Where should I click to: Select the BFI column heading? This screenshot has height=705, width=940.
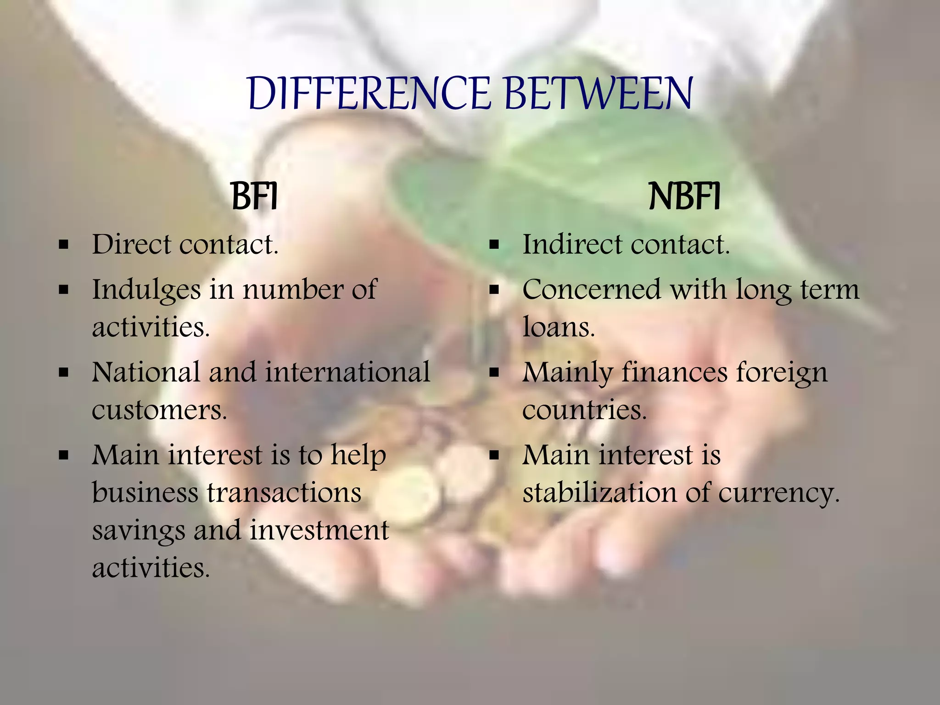(x=254, y=197)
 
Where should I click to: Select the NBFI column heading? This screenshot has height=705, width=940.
(x=684, y=197)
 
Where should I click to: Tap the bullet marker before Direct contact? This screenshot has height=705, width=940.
(x=64, y=245)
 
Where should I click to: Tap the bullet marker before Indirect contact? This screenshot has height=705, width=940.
(x=494, y=245)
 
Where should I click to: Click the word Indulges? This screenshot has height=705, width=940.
(x=146, y=291)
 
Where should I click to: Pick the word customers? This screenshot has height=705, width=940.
(x=159, y=410)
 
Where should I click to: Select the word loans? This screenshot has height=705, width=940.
(x=559, y=328)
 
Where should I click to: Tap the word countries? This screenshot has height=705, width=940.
(x=584, y=410)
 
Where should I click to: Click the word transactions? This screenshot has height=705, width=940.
(x=284, y=493)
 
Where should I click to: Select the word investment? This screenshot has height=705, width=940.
(x=319, y=530)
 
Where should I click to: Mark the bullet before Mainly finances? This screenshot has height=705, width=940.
(x=494, y=373)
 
